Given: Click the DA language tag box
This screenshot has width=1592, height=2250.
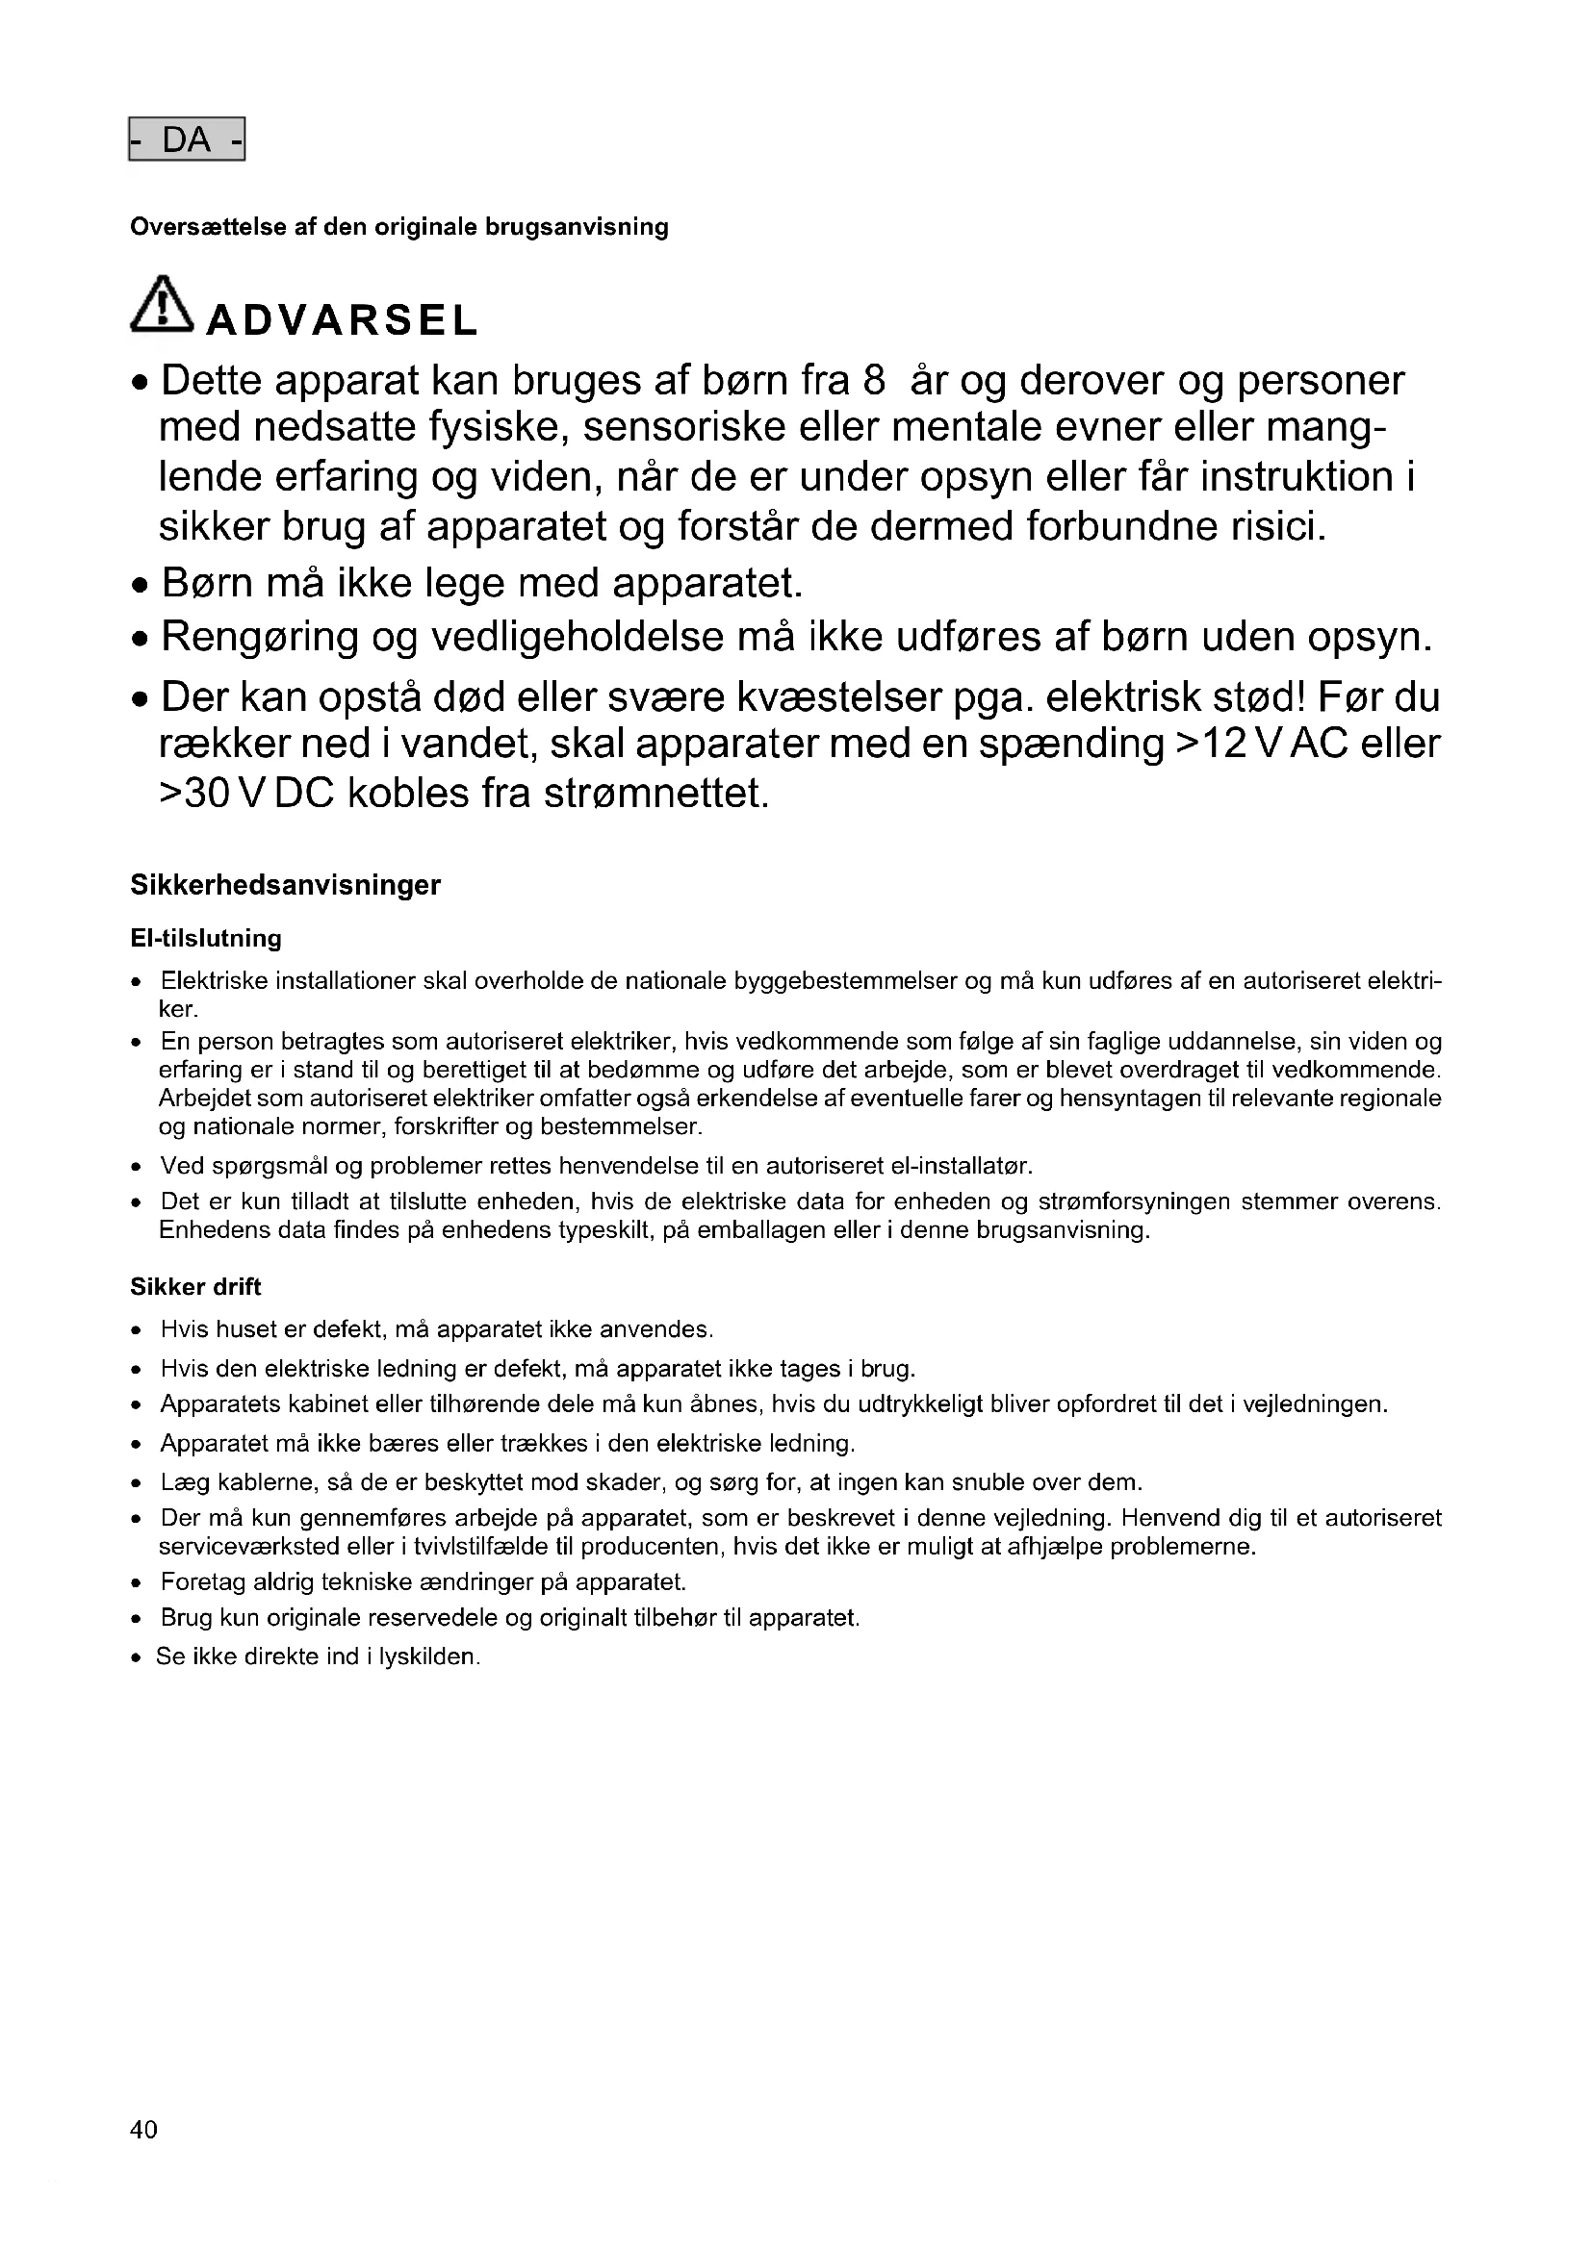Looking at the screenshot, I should coord(187,140).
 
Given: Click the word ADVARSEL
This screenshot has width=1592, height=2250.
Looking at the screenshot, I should coord(341,319).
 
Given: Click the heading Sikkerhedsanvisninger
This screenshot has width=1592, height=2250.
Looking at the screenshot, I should coord(285,885).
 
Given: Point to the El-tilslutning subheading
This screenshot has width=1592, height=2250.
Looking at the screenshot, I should coord(206,938).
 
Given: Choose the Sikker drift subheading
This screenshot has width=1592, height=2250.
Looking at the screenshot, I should coord(196,1287).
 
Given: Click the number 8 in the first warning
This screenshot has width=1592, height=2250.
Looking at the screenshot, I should coord(873,380).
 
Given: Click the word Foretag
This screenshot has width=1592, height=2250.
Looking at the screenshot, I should coord(203,1581).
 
